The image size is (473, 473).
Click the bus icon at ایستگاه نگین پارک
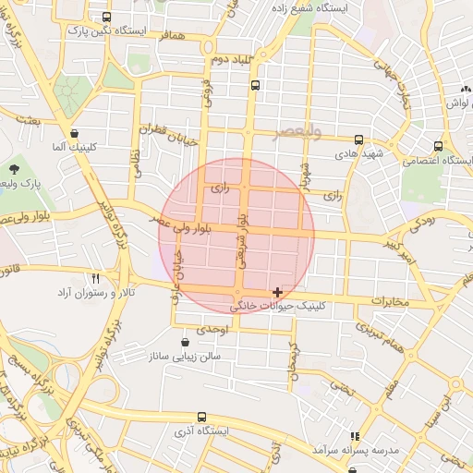107,17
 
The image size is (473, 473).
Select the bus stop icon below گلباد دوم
255,85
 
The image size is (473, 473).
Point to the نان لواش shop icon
465,88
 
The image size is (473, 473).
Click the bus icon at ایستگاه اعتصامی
438,145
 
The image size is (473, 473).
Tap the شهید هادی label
360,152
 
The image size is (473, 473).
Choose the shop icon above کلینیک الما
74,132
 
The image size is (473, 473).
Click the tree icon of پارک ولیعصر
14,169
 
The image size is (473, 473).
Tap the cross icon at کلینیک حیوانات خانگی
277,292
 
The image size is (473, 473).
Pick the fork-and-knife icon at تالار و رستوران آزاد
94,277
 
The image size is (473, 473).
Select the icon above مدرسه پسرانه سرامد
354,436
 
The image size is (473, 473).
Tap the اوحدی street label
212,329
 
